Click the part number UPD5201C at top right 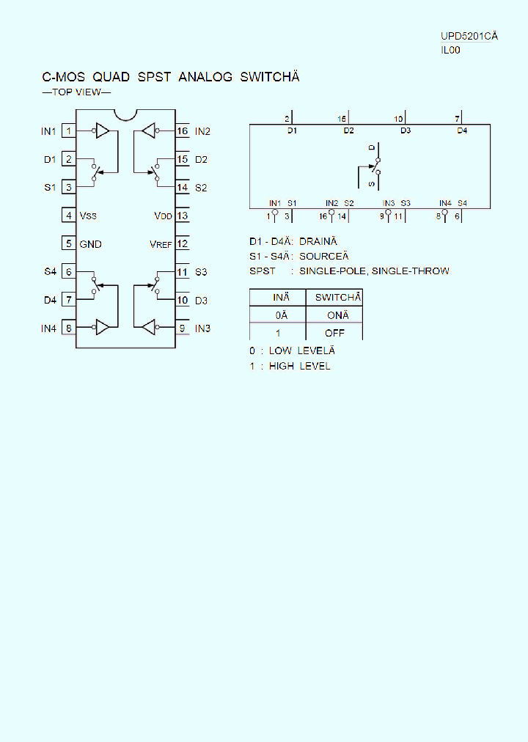coord(468,37)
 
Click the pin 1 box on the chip coord(69,131)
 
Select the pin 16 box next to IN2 coord(183,131)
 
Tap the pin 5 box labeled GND coord(69,243)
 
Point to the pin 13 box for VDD coord(183,216)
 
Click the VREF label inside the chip coord(161,244)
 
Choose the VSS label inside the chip coord(88,216)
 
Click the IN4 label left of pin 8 coord(48,328)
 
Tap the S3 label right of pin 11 coord(201,272)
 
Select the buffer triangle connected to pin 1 coord(103,131)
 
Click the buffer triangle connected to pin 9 coord(149,328)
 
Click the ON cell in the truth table coord(338,315)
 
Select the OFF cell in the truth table coord(334,333)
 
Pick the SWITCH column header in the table coord(338,297)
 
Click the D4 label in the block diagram coord(461,131)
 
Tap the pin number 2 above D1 coord(287,118)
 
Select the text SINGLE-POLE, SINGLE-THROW coord(374,271)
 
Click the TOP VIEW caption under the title coord(76,92)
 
